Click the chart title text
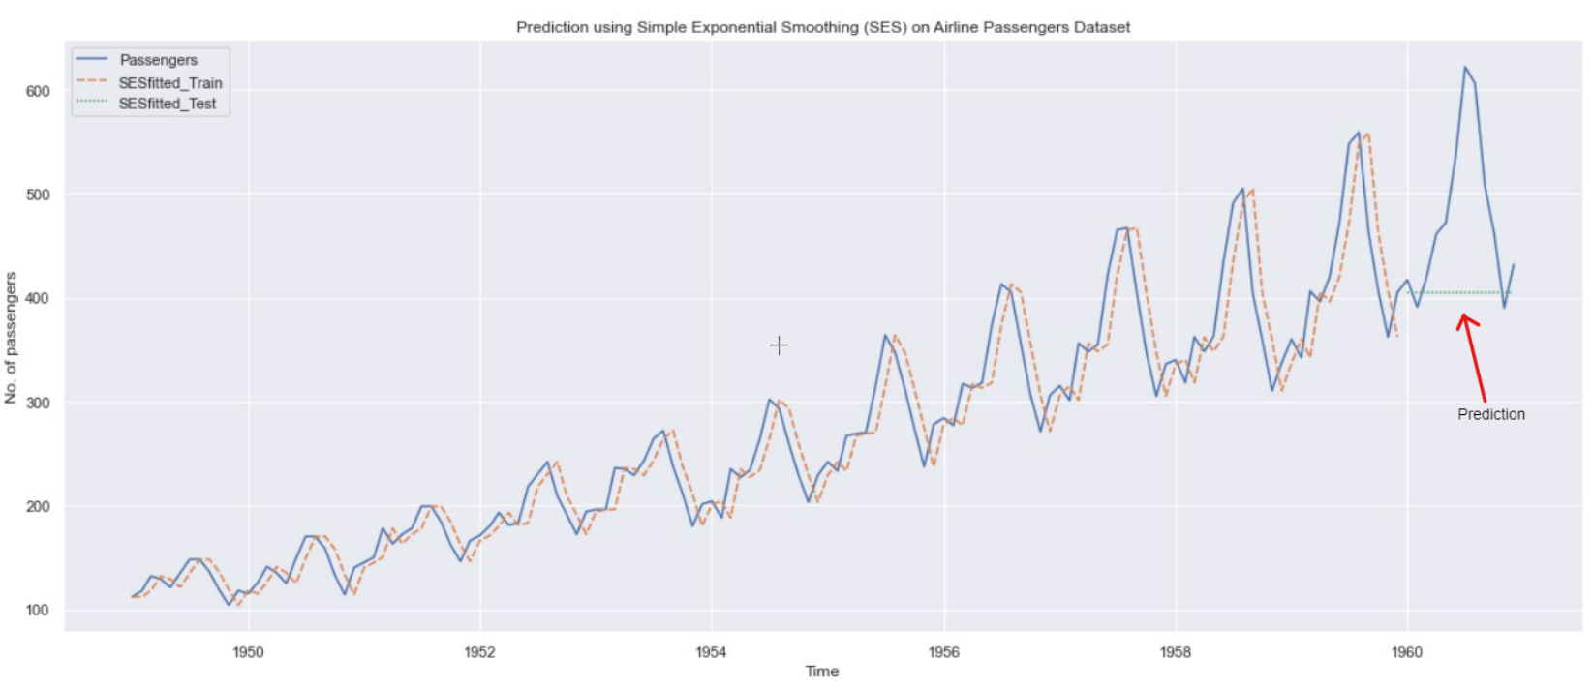click(823, 27)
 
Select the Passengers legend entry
click(158, 60)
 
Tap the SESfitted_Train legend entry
click(169, 83)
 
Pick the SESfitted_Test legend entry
click(167, 104)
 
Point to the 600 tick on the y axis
click(38, 91)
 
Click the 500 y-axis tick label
click(38, 195)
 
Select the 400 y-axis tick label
click(38, 298)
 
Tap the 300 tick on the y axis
click(38, 403)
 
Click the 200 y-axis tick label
click(38, 506)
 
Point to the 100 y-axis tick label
click(38, 611)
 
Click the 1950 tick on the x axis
click(248, 652)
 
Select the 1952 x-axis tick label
click(479, 652)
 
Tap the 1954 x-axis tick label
click(711, 652)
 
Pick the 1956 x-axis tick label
click(943, 652)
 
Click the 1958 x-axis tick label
click(1175, 652)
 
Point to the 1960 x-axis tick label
click(1406, 652)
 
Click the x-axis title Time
click(822, 672)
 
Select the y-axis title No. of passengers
click(12, 338)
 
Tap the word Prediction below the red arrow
click(1491, 414)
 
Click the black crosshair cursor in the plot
click(779, 345)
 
